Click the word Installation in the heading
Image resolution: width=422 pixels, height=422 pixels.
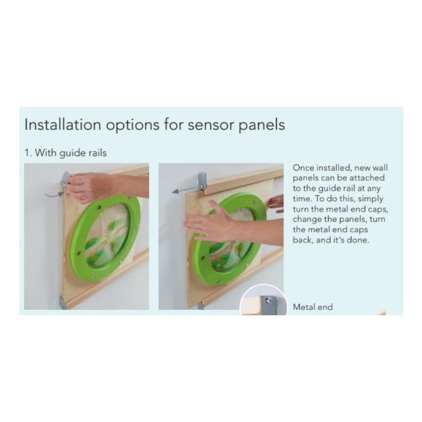(63, 124)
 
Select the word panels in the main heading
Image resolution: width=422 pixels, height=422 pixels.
(262, 125)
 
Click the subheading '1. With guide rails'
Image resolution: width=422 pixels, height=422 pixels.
(66, 153)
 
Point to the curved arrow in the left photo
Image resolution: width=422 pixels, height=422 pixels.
(54, 194)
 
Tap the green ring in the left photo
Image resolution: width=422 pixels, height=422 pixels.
(105, 237)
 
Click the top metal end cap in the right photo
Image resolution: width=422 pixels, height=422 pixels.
(202, 180)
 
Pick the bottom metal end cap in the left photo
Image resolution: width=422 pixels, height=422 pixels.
(62, 303)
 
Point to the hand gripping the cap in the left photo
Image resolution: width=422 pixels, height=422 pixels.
(89, 186)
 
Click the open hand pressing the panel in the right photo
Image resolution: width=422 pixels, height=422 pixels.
(213, 220)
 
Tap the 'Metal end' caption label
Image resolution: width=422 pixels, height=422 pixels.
(313, 307)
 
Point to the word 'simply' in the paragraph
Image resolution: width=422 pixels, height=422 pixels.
(370, 199)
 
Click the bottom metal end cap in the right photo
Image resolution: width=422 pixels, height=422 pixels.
(201, 305)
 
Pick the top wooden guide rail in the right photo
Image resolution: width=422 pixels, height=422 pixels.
(244, 178)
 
